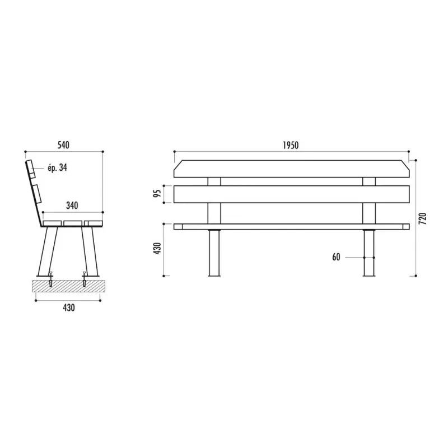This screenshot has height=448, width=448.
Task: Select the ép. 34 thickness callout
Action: click(57, 167)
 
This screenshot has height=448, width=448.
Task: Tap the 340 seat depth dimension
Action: click(72, 206)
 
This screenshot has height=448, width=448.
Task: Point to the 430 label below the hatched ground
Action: click(68, 307)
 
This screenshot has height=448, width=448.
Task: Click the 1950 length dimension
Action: click(291, 145)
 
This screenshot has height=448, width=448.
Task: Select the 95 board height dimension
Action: click(158, 194)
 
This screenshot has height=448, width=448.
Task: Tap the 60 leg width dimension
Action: click(336, 257)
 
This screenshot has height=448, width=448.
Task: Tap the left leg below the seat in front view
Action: click(214, 253)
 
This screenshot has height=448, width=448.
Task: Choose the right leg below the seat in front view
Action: click(368, 253)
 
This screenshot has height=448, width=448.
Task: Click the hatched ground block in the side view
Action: click(68, 286)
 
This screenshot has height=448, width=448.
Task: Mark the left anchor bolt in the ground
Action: click(52, 279)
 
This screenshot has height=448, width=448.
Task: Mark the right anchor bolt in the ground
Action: click(85, 279)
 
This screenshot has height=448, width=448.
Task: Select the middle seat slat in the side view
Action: click(72, 224)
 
